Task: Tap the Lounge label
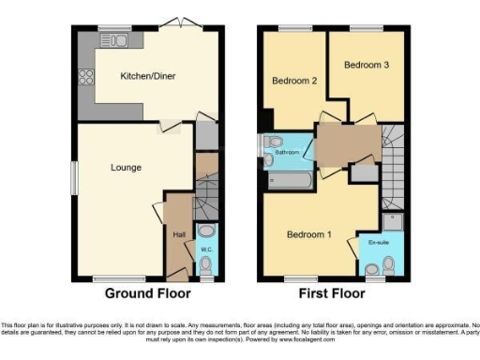tap(125, 168)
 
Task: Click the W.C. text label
tap(206, 249)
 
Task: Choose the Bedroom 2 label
tap(294, 82)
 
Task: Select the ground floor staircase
tap(205, 192)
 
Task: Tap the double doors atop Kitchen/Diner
tap(172, 22)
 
